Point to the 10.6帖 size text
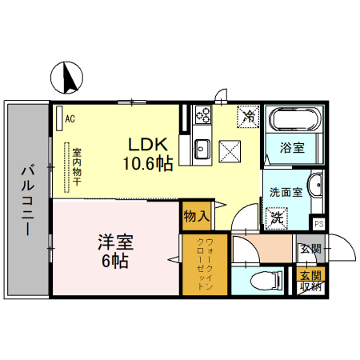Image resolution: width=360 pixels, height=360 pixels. (x=148, y=164)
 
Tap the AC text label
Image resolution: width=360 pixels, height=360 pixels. (x=70, y=119)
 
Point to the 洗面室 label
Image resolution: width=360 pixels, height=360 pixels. (x=285, y=192)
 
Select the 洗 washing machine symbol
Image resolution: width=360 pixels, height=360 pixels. (x=277, y=215)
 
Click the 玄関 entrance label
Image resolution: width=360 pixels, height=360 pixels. (x=310, y=249)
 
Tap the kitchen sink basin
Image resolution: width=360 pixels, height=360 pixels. (x=201, y=148)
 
